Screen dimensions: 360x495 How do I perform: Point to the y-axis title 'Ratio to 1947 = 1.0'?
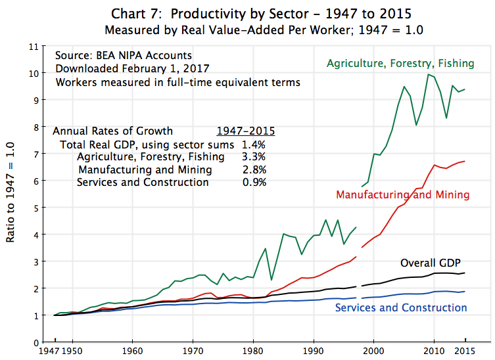(x=11, y=194)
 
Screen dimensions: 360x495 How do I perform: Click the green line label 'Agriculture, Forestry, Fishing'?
(x=400, y=64)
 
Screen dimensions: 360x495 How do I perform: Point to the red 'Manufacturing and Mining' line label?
(x=402, y=195)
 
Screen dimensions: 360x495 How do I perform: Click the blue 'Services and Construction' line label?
(x=401, y=307)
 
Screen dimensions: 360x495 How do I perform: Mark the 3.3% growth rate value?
(x=254, y=157)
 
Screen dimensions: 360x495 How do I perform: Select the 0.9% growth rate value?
(x=254, y=182)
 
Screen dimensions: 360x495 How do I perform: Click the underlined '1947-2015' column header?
(x=246, y=130)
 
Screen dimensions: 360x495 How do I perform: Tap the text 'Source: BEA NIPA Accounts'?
(x=124, y=56)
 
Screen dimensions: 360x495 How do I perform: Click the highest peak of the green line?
(x=429, y=74)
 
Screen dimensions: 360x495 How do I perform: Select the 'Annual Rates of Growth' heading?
(x=112, y=130)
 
